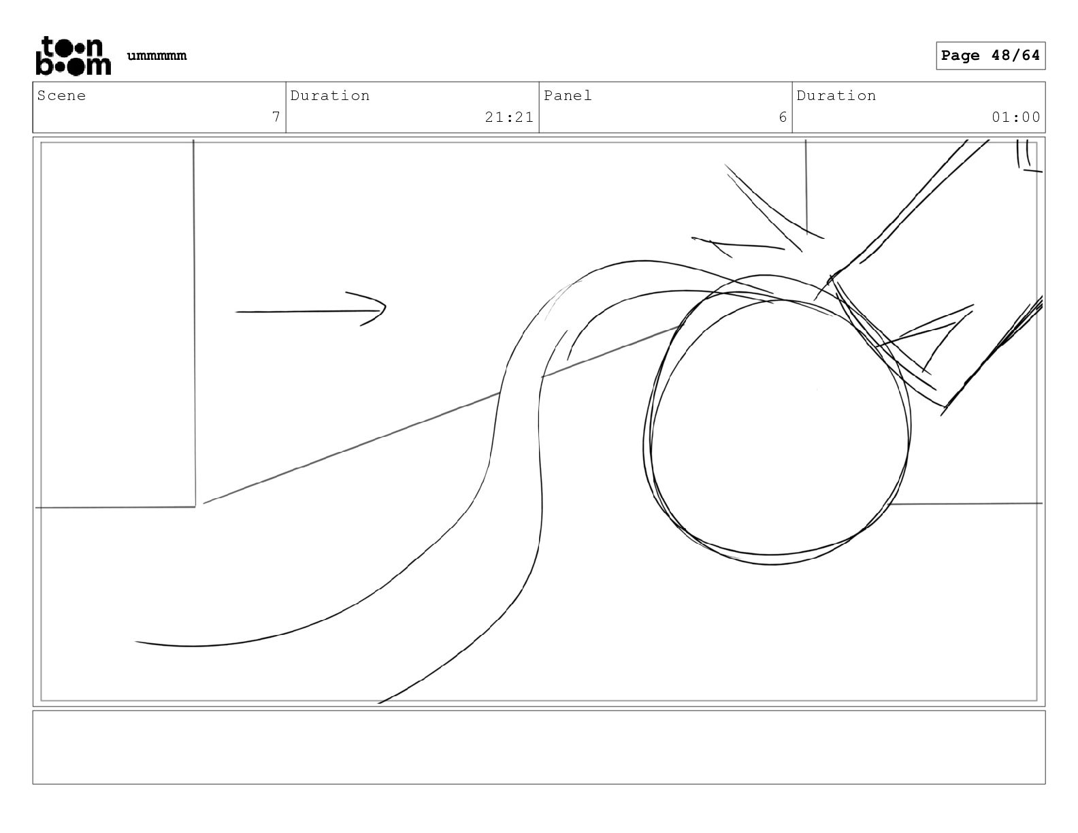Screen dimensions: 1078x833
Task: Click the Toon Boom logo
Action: (x=73, y=56)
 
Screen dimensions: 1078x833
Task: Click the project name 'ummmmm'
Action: (x=157, y=56)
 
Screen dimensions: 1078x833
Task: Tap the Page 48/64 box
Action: (x=990, y=56)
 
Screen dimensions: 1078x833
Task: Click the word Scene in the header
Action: (x=62, y=96)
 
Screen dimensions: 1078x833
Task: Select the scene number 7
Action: (x=276, y=117)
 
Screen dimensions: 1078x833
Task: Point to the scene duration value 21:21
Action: (x=509, y=117)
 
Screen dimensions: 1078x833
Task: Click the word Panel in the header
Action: (x=568, y=96)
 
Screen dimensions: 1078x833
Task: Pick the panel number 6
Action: (x=783, y=117)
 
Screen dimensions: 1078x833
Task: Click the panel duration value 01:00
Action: (x=1015, y=117)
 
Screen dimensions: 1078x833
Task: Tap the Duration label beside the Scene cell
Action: (x=330, y=96)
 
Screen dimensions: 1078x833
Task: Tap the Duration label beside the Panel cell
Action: (x=836, y=96)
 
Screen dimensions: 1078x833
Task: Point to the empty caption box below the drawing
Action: (x=538, y=747)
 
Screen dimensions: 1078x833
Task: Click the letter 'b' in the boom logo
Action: (x=42, y=66)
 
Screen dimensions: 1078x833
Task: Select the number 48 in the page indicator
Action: (x=1000, y=56)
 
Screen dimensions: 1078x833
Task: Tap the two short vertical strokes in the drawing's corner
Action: (x=1024, y=154)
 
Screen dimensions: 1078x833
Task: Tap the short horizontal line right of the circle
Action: (x=966, y=504)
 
